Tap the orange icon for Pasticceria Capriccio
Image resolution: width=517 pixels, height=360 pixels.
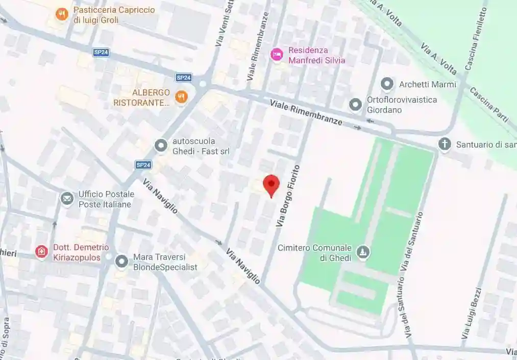(x=62, y=14)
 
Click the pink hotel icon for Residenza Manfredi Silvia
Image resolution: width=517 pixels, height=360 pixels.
(x=277, y=55)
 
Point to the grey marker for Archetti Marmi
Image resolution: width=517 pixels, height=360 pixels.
(x=387, y=84)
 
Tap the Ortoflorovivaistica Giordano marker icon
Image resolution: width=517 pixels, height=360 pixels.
(x=355, y=105)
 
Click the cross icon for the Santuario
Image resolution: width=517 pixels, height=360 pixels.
(x=445, y=144)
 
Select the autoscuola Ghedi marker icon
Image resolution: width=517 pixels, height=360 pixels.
(x=161, y=146)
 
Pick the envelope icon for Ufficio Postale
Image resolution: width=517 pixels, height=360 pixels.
(x=67, y=198)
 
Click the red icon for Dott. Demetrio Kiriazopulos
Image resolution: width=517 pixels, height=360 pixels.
(x=41, y=251)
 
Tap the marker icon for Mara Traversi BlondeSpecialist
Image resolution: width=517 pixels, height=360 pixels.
(x=121, y=261)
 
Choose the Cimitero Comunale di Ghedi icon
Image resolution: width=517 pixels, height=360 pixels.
(x=363, y=252)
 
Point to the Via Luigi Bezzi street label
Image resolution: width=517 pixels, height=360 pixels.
(x=471, y=313)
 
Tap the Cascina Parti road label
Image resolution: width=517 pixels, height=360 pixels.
(x=488, y=105)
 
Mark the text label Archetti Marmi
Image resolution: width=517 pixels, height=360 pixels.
(x=427, y=84)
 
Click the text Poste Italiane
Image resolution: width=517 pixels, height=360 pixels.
(x=105, y=204)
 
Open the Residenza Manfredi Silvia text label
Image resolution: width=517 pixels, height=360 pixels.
(x=316, y=55)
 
